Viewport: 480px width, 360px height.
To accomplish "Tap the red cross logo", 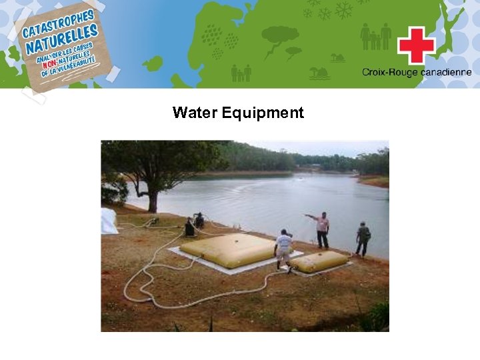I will click(416, 45).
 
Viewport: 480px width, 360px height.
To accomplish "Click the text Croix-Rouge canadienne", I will click(417, 73).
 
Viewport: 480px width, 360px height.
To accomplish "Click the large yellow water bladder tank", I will click(227, 249).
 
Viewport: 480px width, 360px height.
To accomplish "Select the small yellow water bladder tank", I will click(318, 261).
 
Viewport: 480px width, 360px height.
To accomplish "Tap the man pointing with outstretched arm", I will click(322, 229).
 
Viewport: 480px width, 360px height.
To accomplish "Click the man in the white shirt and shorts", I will click(283, 248).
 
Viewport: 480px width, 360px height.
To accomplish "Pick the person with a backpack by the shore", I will click(362, 239).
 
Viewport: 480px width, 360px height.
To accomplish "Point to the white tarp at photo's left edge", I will click(108, 221).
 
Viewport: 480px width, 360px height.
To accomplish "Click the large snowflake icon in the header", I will click(344, 10).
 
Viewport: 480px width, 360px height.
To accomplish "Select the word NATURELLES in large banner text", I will click(63, 41).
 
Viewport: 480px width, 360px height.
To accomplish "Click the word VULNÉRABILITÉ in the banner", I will click(73, 65).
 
